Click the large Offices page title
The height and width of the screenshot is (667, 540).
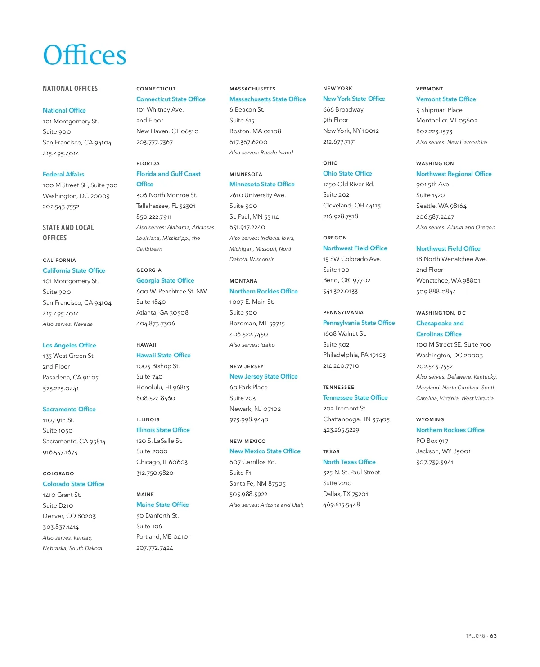(x=85, y=55)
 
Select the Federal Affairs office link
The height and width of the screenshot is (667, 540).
(x=63, y=174)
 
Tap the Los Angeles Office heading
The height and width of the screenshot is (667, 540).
(x=69, y=345)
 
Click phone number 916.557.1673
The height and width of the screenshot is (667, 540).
(x=60, y=452)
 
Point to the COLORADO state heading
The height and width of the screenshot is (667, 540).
(x=58, y=473)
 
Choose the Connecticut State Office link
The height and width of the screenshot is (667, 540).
(x=171, y=99)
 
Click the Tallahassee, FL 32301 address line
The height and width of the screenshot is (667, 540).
(x=166, y=206)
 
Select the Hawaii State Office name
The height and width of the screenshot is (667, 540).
(x=163, y=355)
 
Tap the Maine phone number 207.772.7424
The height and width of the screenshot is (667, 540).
(x=154, y=548)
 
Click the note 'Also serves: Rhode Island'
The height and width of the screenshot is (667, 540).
(x=261, y=153)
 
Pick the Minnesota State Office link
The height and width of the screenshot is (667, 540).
(x=262, y=184)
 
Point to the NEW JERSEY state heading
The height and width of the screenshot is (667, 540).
(x=247, y=366)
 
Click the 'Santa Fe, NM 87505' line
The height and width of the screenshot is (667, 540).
(x=257, y=483)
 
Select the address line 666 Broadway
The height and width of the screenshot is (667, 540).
(x=343, y=109)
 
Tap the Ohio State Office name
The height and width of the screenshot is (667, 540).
(x=347, y=173)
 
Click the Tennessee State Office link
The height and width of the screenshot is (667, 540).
(x=355, y=397)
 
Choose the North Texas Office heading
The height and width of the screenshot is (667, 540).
(x=349, y=462)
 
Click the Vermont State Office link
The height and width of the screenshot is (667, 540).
(x=446, y=99)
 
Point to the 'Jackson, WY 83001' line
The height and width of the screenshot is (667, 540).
(x=443, y=451)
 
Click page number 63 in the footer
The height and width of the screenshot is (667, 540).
(x=494, y=636)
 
